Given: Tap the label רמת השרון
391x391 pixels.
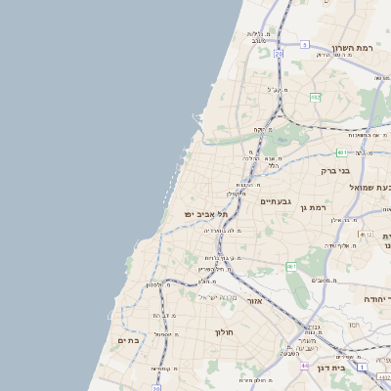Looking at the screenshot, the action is (x=353, y=48).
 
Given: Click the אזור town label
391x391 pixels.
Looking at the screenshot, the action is (x=255, y=301).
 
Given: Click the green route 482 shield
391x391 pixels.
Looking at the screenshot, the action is (x=316, y=97).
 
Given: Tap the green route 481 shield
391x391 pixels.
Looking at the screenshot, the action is (x=341, y=152).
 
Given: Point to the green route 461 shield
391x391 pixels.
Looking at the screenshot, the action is (x=291, y=266).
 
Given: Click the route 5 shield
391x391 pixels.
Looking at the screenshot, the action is (x=305, y=45).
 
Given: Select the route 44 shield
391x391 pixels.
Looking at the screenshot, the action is (x=305, y=366).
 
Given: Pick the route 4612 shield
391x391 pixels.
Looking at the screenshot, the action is (x=366, y=235).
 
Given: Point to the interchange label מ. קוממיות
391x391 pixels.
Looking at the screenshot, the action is (x=163, y=369).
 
